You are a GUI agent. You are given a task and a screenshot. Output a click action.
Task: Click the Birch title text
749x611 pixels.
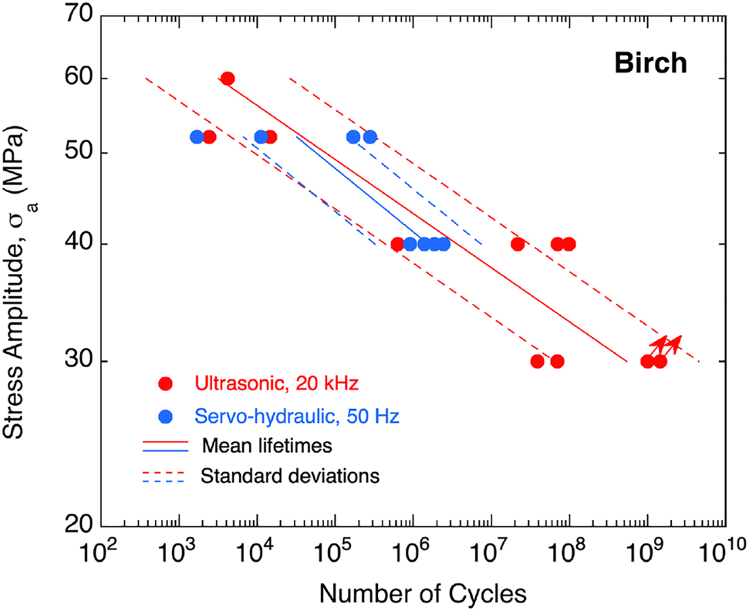pos(649,62)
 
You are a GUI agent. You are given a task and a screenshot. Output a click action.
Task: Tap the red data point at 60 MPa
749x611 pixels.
pos(228,79)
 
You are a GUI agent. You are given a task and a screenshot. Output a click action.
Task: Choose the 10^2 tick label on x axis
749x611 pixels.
pos(100,552)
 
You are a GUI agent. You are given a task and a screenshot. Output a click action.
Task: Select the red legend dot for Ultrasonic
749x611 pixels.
pos(164,383)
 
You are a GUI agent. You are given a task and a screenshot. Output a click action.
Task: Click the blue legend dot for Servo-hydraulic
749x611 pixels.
pos(164,417)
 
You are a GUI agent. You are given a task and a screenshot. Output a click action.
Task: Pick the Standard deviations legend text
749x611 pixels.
pos(289,475)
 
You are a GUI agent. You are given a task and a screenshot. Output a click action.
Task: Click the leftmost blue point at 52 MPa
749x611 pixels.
pos(197,137)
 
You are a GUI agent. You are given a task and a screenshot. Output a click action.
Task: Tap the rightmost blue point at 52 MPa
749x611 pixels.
pos(369,137)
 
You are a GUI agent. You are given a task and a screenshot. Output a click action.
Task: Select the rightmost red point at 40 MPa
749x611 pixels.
pos(568,245)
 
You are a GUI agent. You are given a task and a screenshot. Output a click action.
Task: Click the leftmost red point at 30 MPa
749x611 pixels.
pos(538,361)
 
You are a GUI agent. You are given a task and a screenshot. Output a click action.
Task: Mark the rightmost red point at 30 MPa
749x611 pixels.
pos(660,361)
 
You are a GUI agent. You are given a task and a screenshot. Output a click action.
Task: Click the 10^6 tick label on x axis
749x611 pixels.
pos(411,552)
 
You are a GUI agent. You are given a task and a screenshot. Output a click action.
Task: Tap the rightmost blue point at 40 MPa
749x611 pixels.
pos(444,245)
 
